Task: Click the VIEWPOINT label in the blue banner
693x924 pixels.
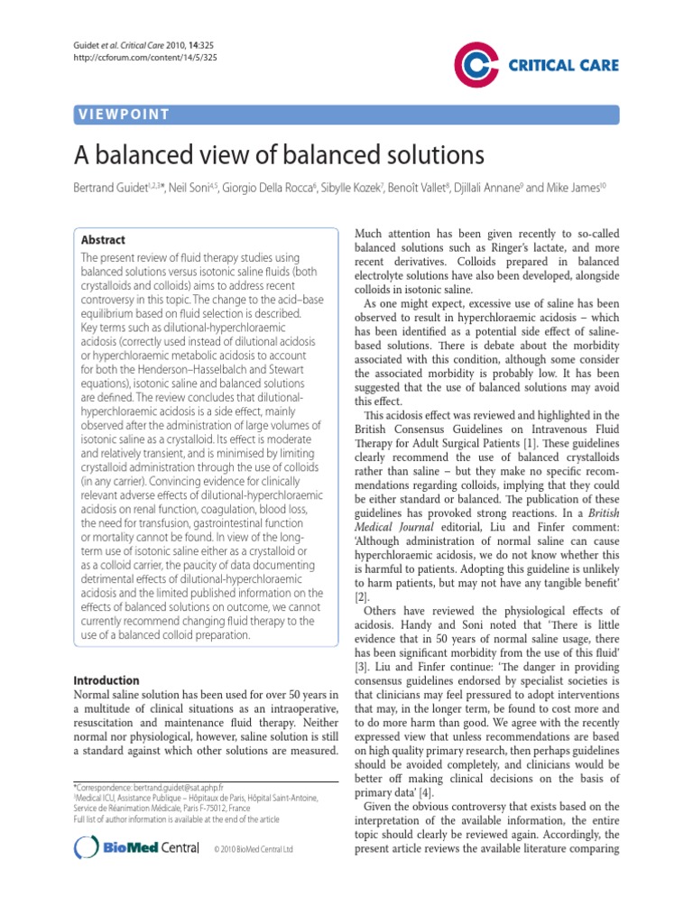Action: point(124,114)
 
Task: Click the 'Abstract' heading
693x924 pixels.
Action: point(104,240)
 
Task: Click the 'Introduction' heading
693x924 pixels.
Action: point(106,679)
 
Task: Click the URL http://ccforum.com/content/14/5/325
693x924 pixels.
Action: point(133,58)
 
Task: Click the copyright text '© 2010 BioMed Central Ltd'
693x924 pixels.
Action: point(254,849)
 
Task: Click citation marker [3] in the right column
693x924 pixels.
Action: point(361,664)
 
